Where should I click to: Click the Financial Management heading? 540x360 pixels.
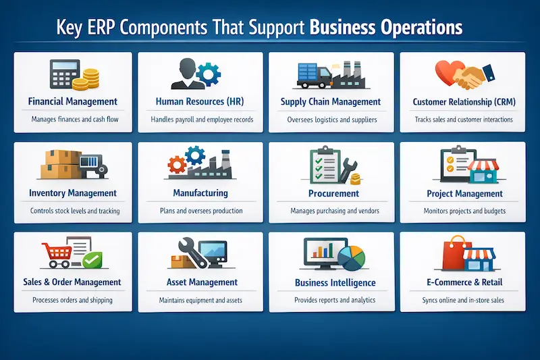coord(73,102)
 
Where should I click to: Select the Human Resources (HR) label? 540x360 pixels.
coord(200,102)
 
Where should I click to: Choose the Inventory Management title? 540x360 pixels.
coord(73,193)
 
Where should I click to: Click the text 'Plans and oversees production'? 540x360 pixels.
coord(200,211)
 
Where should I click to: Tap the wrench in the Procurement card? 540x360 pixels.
coord(349,165)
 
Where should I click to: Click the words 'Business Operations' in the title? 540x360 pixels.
coord(386,28)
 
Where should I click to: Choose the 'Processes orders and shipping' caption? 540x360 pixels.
coord(73,300)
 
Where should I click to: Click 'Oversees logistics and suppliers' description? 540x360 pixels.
coord(331,120)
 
